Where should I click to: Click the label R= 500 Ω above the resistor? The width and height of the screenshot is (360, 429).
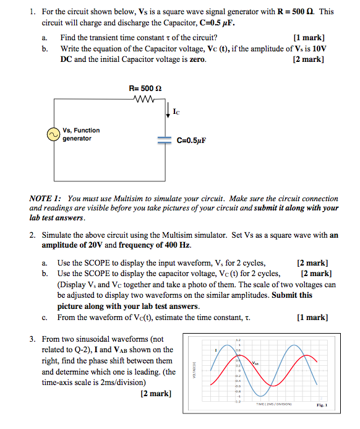tap(145, 89)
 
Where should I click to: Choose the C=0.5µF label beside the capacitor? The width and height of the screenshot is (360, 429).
tap(191, 141)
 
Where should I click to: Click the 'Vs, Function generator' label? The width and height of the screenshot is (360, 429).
tap(80, 134)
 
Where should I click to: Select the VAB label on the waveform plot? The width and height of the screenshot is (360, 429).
tap(256, 363)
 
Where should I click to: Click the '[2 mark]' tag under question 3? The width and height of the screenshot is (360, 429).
tap(156, 393)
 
